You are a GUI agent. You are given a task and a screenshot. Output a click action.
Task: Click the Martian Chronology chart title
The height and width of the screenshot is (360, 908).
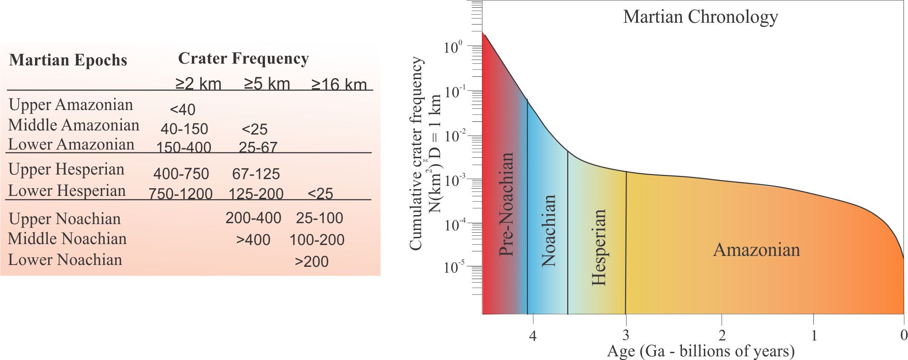700,17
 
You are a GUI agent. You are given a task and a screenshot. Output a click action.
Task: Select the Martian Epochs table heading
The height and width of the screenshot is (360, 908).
68,60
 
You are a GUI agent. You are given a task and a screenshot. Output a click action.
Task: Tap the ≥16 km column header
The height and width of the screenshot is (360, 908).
339,84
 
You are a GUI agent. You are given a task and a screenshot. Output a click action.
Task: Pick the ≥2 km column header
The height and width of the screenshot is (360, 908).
198,84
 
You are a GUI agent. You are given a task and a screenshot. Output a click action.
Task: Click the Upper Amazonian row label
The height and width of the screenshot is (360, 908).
71,105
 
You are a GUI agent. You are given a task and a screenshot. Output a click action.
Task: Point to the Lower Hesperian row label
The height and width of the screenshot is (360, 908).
67,191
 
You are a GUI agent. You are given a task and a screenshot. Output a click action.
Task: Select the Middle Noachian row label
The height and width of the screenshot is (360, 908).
67,239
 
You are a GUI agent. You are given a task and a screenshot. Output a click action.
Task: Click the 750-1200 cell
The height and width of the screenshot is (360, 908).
181,194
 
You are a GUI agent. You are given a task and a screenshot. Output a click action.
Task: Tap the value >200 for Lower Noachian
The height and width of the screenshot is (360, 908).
311,261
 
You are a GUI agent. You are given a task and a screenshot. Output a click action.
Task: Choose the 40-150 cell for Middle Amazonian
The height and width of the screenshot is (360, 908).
184,129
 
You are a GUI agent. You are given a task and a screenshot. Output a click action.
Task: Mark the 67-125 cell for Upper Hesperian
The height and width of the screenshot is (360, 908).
256,174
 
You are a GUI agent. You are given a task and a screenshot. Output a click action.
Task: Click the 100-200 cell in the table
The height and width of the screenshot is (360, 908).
317,240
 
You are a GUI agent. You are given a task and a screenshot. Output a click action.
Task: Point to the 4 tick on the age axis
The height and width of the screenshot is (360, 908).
533,336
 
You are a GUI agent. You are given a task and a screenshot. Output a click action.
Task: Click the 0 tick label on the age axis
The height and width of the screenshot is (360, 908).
903,335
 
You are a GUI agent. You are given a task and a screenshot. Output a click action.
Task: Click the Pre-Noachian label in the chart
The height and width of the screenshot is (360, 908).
507,204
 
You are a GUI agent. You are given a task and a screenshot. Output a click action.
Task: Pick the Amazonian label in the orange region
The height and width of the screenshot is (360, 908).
756,250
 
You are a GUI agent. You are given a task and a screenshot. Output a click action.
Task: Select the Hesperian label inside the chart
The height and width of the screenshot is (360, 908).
599,247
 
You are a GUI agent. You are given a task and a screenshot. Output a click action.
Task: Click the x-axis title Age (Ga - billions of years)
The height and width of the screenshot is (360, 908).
701,351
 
